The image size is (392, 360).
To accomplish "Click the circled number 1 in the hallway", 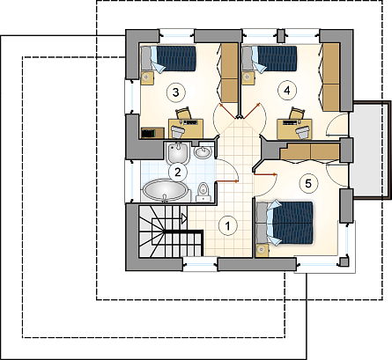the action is [x=227, y=226].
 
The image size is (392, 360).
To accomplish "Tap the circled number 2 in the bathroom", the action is [x=177, y=172].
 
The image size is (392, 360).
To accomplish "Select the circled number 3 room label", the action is [x=175, y=92].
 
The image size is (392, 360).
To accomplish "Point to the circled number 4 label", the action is [x=287, y=91].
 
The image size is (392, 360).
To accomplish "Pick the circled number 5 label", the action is [x=308, y=184].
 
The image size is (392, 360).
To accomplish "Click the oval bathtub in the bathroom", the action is [x=165, y=190].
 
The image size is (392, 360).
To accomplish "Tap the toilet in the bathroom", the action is [x=203, y=192].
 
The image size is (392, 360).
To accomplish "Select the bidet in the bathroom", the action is [x=178, y=153].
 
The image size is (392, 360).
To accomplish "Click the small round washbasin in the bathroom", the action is [x=203, y=151].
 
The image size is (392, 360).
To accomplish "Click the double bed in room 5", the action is [x=285, y=223].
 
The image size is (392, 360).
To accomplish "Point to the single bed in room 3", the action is [x=168, y=59].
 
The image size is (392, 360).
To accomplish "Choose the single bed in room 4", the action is [x=270, y=58].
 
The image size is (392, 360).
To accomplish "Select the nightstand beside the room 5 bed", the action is [x=262, y=250].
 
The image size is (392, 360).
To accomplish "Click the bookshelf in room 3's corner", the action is [x=152, y=133].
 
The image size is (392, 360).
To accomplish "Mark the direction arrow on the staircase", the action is [x=184, y=218].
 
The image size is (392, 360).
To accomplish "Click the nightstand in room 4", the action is [x=248, y=78].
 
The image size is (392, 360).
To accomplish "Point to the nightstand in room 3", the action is [x=147, y=78].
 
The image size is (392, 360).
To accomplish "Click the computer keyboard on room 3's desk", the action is [x=190, y=121].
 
